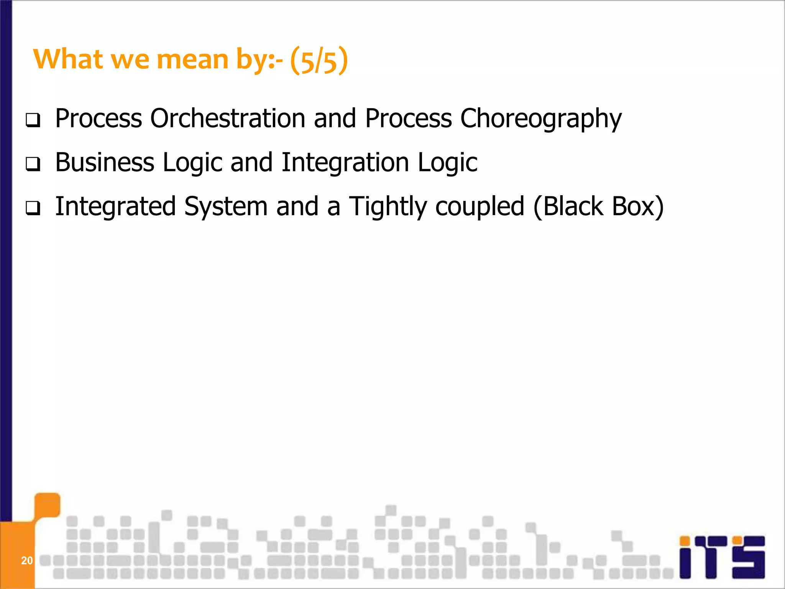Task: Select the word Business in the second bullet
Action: click(104, 162)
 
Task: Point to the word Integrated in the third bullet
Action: click(115, 207)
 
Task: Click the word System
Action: click(225, 207)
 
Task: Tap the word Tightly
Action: click(388, 207)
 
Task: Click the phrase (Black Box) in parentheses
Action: click(598, 207)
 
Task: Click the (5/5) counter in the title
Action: click(319, 61)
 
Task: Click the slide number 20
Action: click(27, 561)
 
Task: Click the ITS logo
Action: click(722, 557)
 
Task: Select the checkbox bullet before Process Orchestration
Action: click(33, 121)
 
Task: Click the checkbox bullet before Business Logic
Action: click(33, 165)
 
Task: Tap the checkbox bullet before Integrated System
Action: click(33, 209)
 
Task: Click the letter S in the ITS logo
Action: click(748, 557)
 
